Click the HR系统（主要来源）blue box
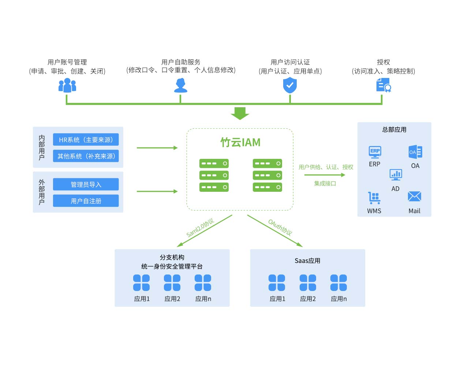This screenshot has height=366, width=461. tap(86, 139)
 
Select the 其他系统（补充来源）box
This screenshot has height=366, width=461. tap(86, 156)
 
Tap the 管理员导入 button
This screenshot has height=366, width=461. tap(86, 184)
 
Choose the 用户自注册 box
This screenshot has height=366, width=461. tap(86, 201)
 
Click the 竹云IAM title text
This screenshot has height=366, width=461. tap(240, 142)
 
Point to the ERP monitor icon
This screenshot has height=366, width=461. tap(375, 152)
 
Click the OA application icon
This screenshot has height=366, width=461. tap(415, 152)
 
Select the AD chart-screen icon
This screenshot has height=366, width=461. tap(396, 175)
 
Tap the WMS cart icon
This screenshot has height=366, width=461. tap(374, 198)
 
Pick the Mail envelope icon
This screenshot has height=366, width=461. tap(414, 197)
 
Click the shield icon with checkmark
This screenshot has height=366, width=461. tap(290, 85)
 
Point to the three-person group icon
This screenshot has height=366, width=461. tap(67, 85)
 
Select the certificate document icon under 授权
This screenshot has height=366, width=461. tap(383, 85)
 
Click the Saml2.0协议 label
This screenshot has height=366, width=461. tap(200, 228)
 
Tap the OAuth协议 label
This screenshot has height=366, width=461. tap(280, 227)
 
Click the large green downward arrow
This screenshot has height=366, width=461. tap(240, 113)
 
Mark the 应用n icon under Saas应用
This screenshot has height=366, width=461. tap(338, 283)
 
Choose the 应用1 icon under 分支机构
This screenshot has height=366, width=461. tap(142, 283)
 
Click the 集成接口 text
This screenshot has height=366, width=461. tap(325, 183)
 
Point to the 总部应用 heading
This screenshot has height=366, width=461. tap(394, 130)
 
